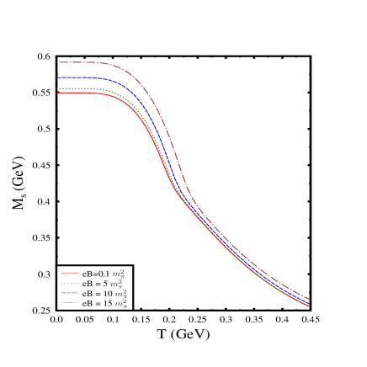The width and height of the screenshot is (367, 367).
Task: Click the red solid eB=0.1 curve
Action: pos(84,93)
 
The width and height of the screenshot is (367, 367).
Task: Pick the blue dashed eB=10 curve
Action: pos(84,77)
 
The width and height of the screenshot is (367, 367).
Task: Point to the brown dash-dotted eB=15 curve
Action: pos(84,62)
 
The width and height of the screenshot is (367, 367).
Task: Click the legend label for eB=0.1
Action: pos(106,274)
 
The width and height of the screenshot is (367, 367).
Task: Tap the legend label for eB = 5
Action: pos(106,284)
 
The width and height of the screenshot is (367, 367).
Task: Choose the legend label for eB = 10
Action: pos(106,294)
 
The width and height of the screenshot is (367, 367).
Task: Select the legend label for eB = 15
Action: pos(106,304)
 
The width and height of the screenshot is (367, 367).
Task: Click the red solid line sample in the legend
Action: pos(70,274)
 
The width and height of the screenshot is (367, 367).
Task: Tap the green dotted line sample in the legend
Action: pos(70,284)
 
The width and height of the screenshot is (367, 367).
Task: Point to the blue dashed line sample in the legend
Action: pos(70,294)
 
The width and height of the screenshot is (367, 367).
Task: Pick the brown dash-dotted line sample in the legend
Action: pos(70,304)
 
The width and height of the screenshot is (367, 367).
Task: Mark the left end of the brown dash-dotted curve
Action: pos(57,62)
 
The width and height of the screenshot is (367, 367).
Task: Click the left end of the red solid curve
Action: pos(57,93)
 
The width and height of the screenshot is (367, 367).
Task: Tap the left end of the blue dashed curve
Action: pos(57,77)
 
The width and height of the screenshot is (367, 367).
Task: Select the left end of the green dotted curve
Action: pos(57,88)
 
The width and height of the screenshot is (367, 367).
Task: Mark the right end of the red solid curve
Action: pos(310,306)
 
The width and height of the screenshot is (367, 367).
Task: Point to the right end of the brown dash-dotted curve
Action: pos(310,299)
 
